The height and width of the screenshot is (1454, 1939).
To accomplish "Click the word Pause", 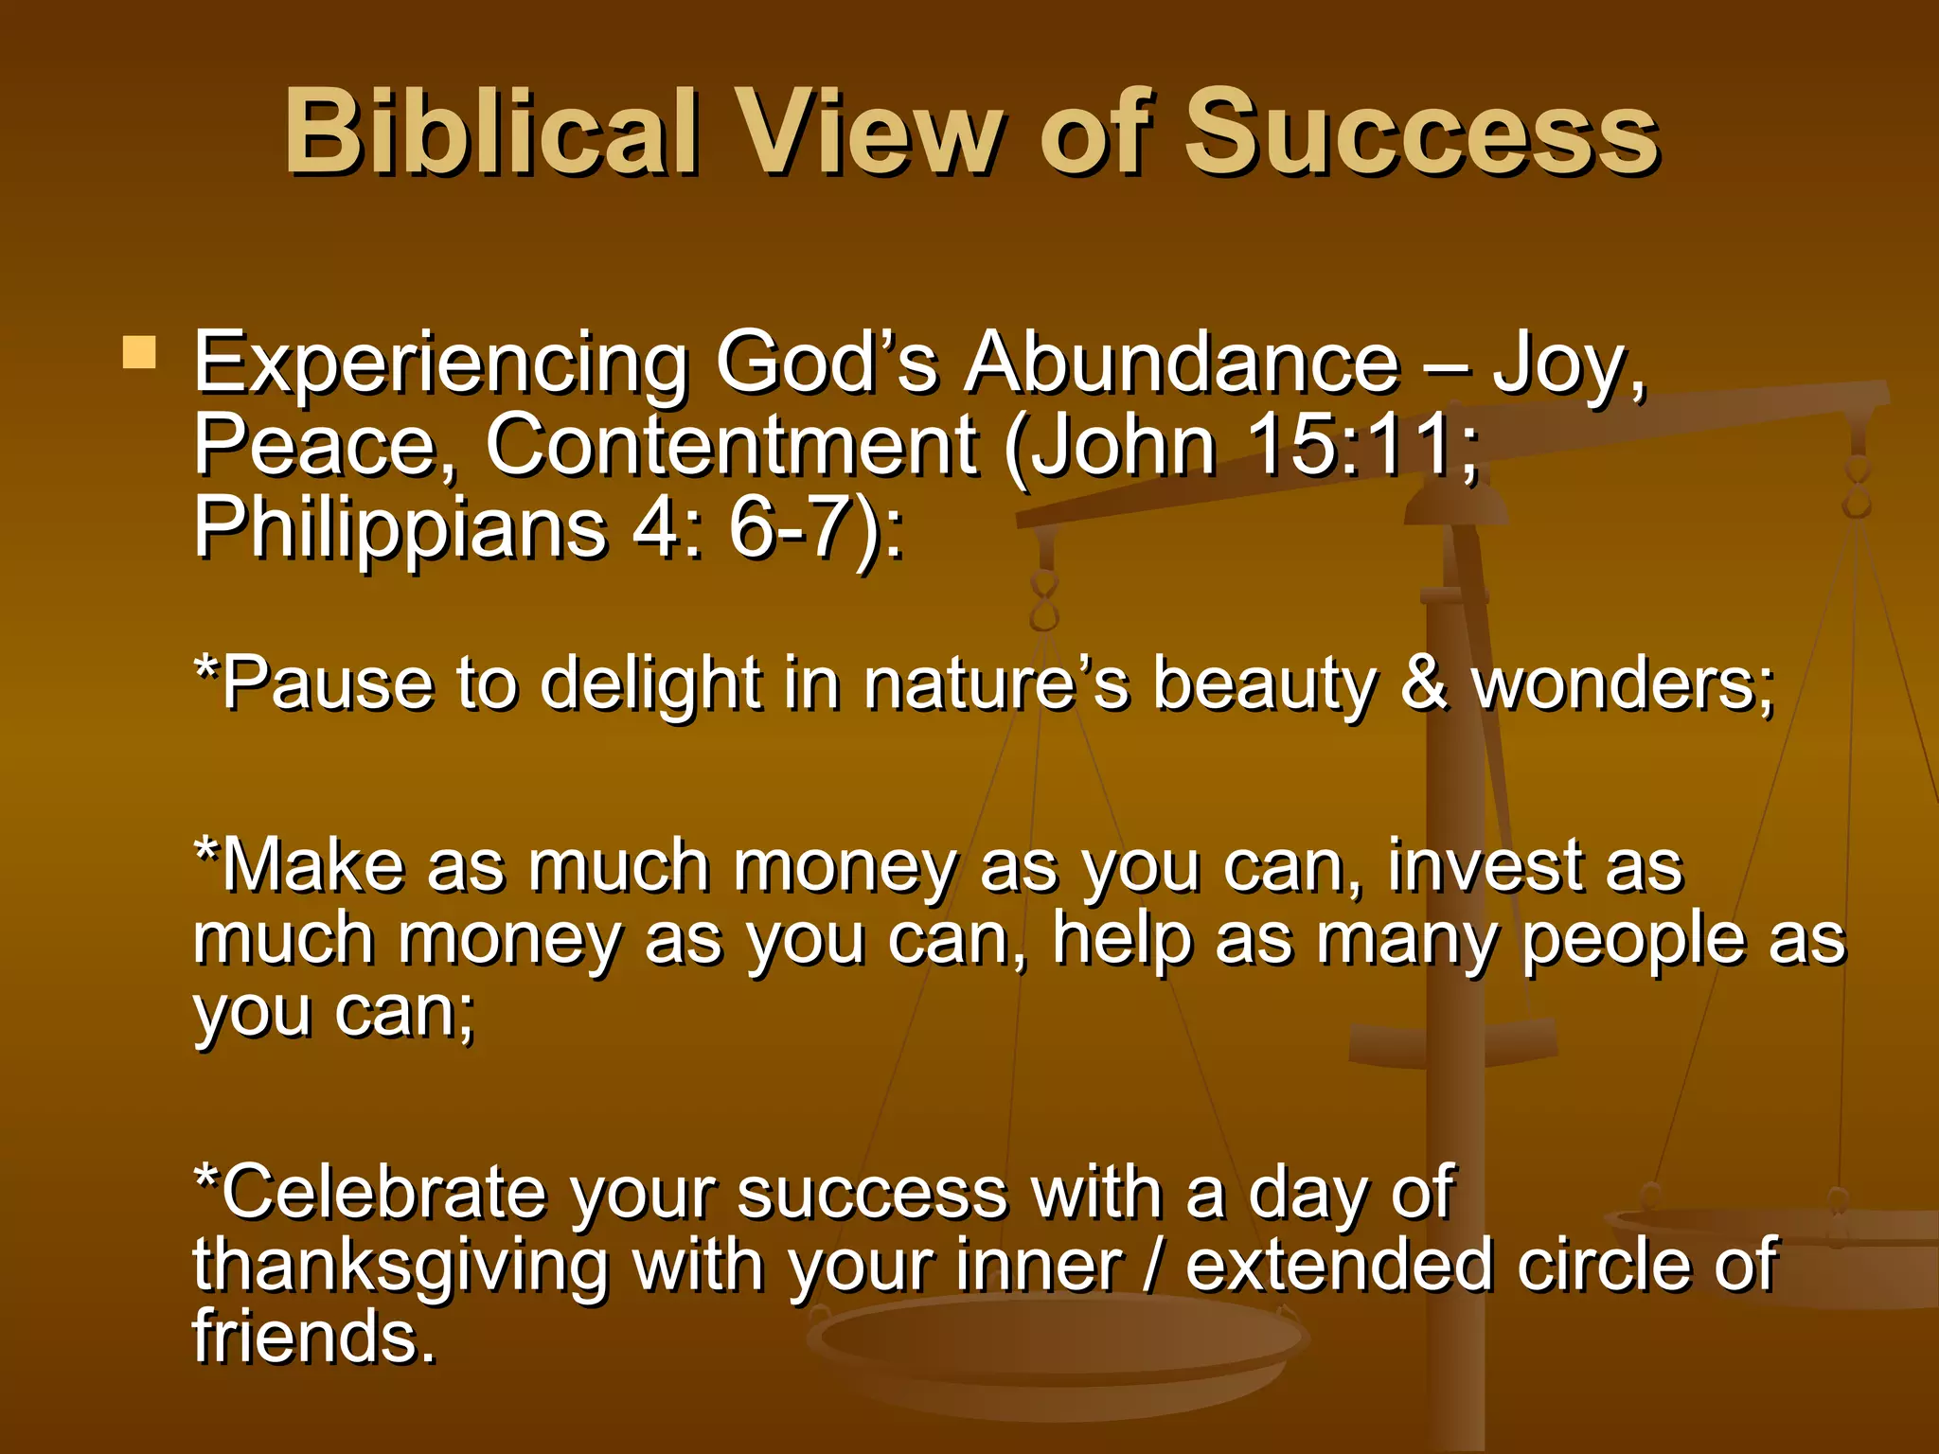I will pos(328,683).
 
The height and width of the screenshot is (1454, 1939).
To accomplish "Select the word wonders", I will pos(1621,683).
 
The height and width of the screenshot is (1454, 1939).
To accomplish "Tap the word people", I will pos(1632,942).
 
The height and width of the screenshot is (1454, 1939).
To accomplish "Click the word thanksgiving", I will pos(400,1267).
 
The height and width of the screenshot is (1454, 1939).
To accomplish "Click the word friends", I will pos(312,1337).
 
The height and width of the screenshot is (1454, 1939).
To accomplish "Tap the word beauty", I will pos(1264,685).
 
